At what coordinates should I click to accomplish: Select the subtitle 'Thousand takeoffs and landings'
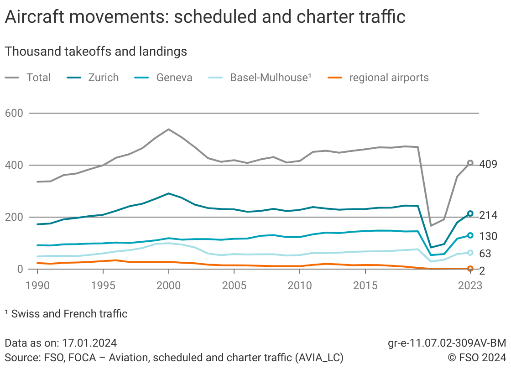(x=96, y=52)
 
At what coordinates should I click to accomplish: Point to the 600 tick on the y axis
(x=14, y=113)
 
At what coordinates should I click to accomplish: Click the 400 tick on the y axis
(x=14, y=165)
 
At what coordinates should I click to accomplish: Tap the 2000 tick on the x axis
(x=168, y=286)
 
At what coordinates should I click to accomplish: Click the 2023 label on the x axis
(x=470, y=286)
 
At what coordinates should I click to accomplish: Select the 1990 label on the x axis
(x=37, y=286)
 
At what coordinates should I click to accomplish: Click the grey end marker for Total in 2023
(x=470, y=163)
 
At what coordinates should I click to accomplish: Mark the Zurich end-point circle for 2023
(x=470, y=213)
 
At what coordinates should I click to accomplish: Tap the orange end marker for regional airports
(x=470, y=269)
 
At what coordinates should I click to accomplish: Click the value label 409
(x=488, y=164)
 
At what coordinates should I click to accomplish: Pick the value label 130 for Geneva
(x=488, y=236)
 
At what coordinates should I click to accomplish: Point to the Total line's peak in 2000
(x=168, y=129)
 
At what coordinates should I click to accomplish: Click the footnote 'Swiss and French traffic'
(x=69, y=314)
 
